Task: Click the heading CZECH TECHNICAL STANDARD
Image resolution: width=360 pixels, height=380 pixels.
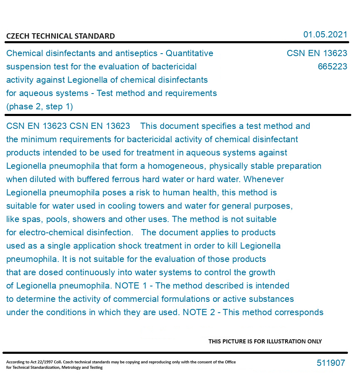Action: [x=60, y=36]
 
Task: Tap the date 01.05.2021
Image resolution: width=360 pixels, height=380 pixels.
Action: [x=325, y=35]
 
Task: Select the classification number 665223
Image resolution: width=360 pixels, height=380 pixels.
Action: [x=332, y=67]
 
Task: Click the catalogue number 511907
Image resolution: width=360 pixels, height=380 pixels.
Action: [x=331, y=363]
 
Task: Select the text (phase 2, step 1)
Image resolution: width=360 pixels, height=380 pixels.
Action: [x=40, y=106]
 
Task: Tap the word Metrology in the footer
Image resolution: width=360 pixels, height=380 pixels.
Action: [x=74, y=368]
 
